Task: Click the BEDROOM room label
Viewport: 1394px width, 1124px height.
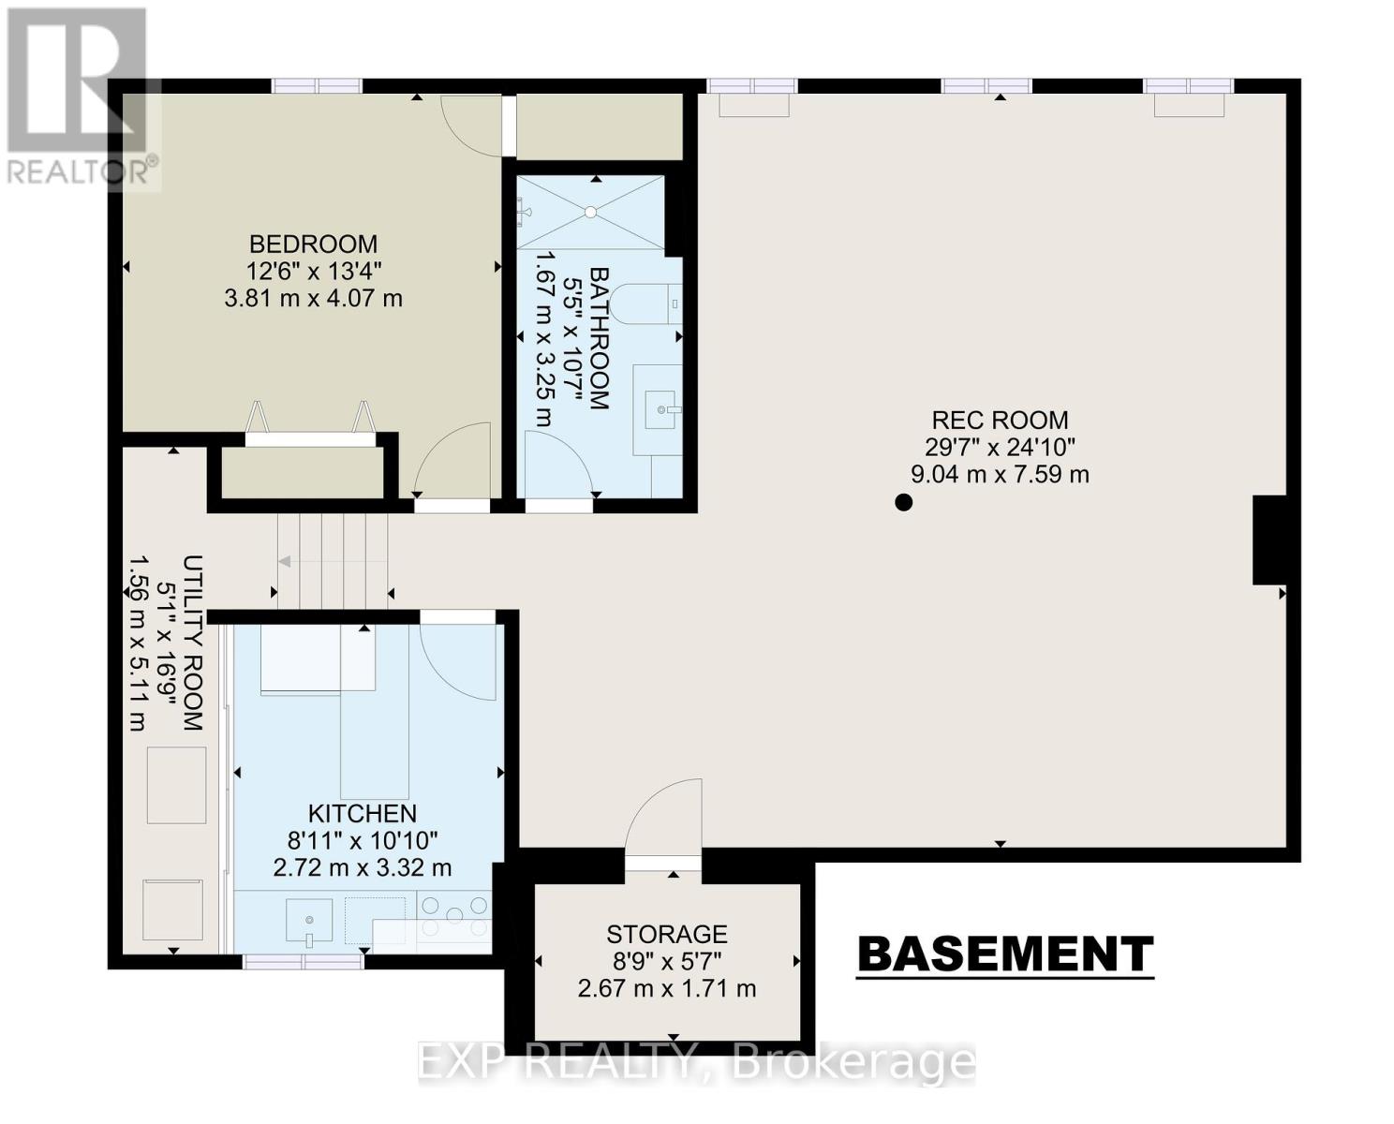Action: click(x=314, y=244)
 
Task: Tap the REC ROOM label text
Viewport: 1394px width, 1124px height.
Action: click(x=1001, y=421)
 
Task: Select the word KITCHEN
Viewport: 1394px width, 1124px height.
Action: click(x=363, y=814)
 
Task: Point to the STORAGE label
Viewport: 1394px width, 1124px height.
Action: click(x=667, y=934)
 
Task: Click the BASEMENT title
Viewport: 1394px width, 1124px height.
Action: click(x=1005, y=954)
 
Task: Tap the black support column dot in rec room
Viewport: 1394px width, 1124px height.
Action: click(x=904, y=502)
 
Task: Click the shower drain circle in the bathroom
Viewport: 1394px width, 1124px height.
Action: click(x=591, y=212)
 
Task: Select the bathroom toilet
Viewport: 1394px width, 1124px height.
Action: click(x=646, y=303)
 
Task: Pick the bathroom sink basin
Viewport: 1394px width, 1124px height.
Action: click(x=664, y=409)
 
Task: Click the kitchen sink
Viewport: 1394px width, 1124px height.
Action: click(x=309, y=920)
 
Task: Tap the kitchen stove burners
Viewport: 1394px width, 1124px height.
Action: click(x=454, y=915)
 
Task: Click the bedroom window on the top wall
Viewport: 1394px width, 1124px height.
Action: click(x=317, y=86)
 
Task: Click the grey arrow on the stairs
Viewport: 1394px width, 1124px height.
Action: click(x=285, y=562)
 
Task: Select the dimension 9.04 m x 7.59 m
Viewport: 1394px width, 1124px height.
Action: click(x=1001, y=475)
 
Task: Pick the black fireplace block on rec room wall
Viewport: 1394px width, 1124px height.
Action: click(x=1269, y=540)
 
